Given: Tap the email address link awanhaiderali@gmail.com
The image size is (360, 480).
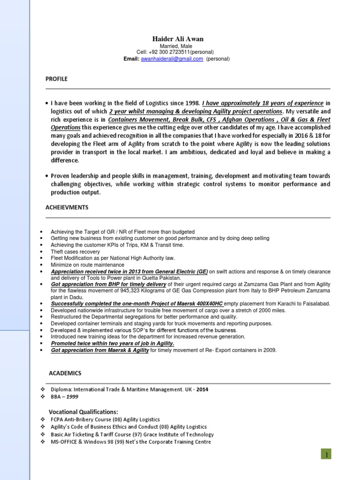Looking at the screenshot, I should (172, 59).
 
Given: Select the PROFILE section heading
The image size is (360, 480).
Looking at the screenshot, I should (56, 79).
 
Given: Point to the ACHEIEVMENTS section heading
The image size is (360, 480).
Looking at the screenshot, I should (67, 207).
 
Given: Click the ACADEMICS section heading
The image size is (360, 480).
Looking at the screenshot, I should (65, 373).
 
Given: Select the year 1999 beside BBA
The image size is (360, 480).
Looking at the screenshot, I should (72, 397).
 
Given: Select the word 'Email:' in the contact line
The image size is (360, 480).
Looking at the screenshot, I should (131, 59).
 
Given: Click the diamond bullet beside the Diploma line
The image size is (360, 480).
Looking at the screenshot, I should (42, 389).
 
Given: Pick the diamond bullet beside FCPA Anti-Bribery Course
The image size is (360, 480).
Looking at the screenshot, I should (42, 420).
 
